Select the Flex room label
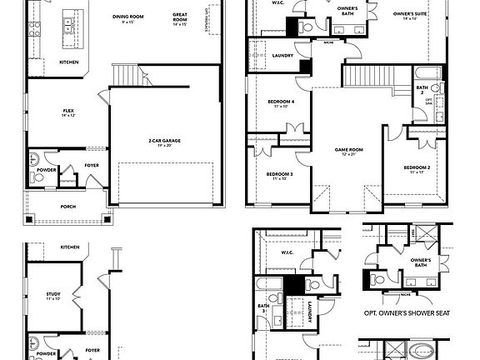[69, 110]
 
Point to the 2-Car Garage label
[164, 140]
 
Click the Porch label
[68, 207]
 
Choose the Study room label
[53, 293]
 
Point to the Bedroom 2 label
[417, 167]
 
